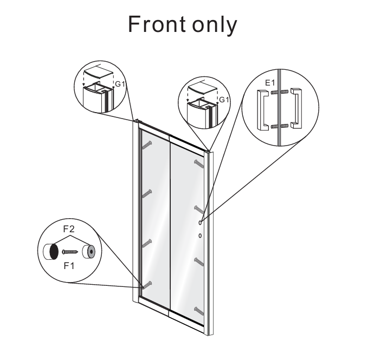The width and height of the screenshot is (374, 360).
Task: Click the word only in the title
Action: [215, 25]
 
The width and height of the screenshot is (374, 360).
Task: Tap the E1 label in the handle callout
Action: [270, 83]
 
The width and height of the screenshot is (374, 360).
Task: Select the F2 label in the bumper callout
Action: [69, 229]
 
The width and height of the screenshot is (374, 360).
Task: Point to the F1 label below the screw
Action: [69, 266]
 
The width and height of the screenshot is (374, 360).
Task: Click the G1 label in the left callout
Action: [120, 84]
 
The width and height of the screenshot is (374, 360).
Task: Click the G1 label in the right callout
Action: [223, 100]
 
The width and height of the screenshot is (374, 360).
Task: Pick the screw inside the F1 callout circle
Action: [70, 252]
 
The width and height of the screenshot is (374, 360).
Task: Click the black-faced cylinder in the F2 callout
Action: [51, 252]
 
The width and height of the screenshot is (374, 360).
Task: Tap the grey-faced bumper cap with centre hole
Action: [89, 252]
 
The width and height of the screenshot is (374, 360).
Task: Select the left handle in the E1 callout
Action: [263, 110]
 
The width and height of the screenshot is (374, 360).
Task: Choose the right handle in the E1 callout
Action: [296, 109]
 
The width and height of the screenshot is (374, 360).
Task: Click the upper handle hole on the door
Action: [200, 222]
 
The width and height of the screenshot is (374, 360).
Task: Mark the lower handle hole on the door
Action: [200, 235]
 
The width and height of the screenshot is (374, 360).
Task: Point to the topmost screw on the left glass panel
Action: [147, 145]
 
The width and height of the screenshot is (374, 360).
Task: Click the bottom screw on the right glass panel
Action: [199, 311]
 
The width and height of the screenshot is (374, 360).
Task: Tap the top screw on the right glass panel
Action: [199, 163]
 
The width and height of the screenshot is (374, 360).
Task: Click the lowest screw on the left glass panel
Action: [147, 285]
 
